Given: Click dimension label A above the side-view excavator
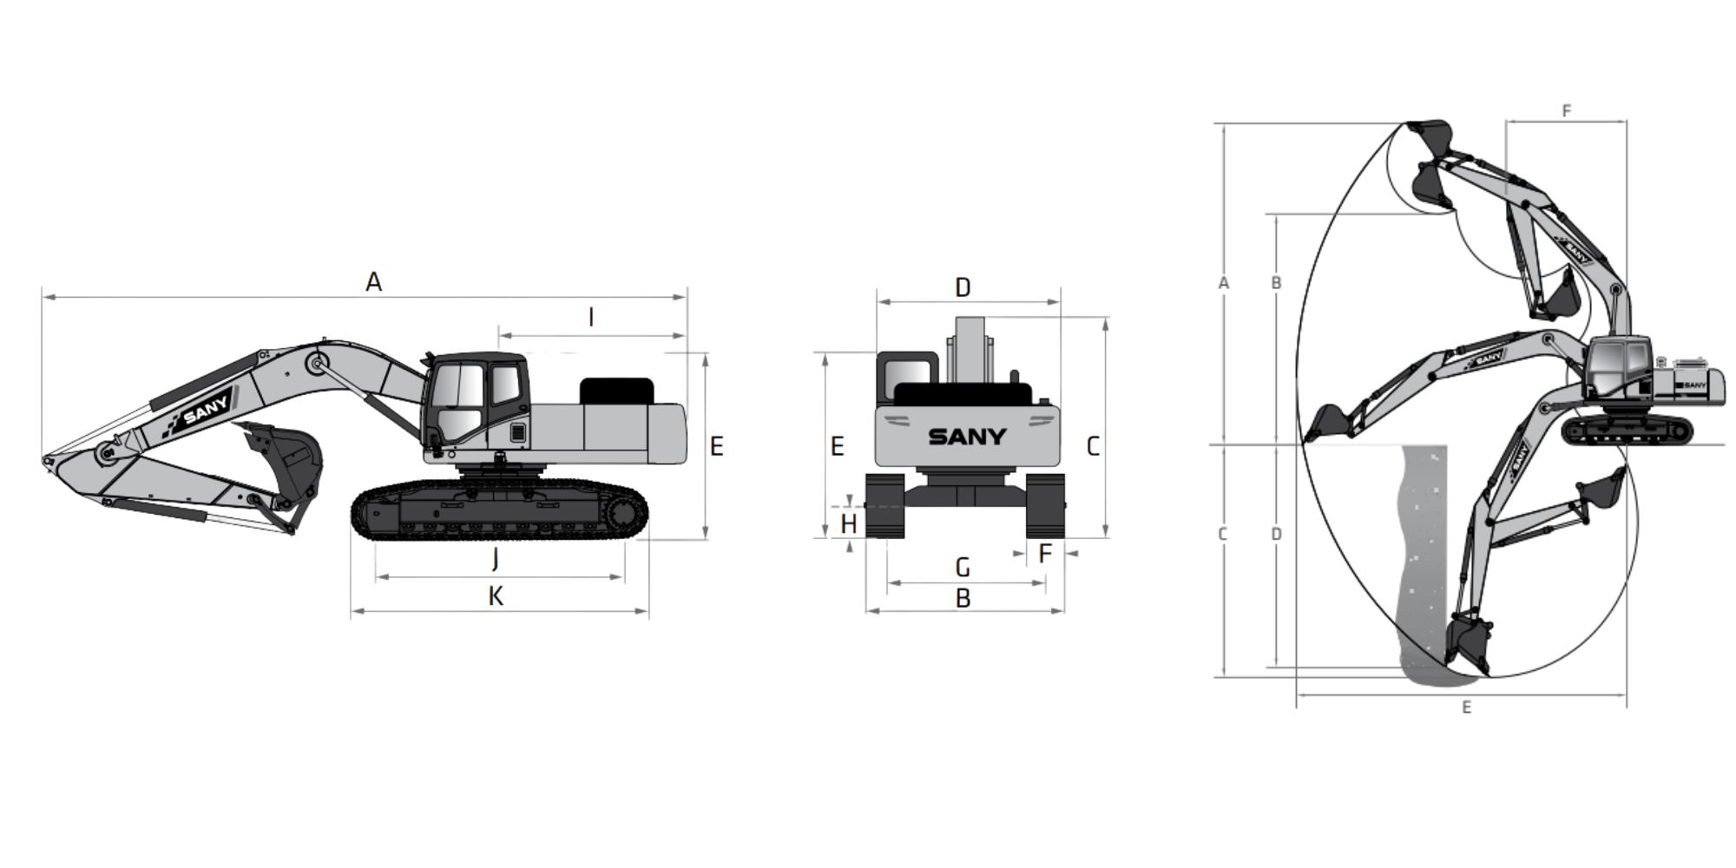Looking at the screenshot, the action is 373,282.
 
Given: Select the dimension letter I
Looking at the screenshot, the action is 591,318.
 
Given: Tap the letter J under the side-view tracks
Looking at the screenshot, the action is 495,558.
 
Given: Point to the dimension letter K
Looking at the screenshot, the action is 496,596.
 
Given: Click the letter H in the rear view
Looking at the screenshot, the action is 849,524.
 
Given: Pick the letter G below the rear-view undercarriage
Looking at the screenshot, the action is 963,568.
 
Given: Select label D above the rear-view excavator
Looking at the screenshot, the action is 963,287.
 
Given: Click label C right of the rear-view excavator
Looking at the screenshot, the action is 1093,446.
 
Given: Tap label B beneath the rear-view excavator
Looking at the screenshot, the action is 963,598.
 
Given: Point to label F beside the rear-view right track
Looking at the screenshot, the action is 1045,553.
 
